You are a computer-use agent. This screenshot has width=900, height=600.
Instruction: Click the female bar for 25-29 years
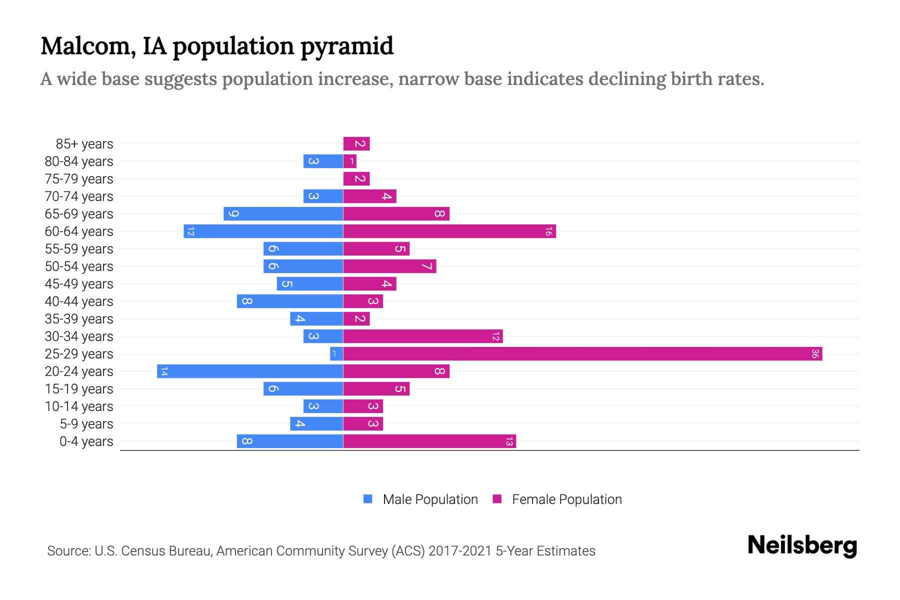tap(582, 354)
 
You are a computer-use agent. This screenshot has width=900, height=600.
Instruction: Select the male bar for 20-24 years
tap(250, 371)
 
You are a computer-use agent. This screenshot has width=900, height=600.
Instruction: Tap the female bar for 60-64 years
tap(449, 231)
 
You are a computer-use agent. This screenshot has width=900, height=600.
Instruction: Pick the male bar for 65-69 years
tap(283, 214)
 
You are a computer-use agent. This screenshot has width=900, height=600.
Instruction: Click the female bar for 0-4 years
tap(429, 441)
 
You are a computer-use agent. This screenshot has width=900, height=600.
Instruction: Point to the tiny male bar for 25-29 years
tap(336, 354)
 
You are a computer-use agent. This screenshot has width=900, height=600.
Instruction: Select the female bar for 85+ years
tap(356, 144)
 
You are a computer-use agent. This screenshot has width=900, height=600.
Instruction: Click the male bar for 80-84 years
tap(323, 161)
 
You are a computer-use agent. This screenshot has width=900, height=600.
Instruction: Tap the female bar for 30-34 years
tap(423, 336)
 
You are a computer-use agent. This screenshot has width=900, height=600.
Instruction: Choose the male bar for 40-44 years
tap(290, 301)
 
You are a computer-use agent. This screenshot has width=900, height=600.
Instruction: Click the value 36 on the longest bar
tap(815, 354)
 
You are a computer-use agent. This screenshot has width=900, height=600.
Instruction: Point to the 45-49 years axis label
tap(79, 284)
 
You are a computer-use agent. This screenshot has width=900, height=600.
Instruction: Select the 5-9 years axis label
tap(86, 424)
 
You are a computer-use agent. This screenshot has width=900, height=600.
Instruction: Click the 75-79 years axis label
tap(79, 179)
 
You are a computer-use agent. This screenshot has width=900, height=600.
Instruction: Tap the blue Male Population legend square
tap(368, 499)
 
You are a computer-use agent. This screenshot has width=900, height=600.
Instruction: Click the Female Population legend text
tap(566, 499)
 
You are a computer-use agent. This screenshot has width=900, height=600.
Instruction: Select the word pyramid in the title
tap(346, 46)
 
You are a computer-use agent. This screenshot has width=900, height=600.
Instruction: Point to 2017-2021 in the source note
tap(459, 551)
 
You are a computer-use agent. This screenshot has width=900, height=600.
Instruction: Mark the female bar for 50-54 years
tap(389, 266)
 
